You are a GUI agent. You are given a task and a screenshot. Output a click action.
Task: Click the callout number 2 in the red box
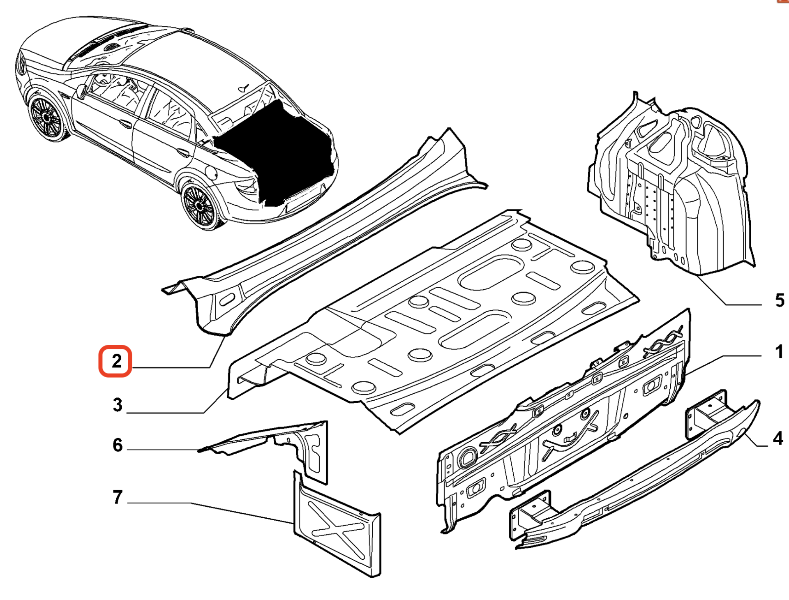pyautogui.click(x=116, y=361)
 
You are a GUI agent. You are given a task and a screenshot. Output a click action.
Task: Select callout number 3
pyautogui.click(x=118, y=405)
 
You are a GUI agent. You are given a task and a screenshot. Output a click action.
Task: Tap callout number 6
pyautogui.click(x=118, y=445)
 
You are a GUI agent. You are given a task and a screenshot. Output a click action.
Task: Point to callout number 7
pyautogui.click(x=118, y=497)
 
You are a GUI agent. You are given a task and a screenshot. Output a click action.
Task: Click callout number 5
pyautogui.click(x=779, y=300)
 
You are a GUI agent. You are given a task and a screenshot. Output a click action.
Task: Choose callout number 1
pyautogui.click(x=779, y=352)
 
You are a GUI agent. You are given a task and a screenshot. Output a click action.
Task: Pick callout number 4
pyautogui.click(x=777, y=438)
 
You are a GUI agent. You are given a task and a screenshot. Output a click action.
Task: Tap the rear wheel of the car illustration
pyautogui.click(x=199, y=205)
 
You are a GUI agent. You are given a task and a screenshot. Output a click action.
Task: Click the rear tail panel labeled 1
pyautogui.click(x=563, y=423)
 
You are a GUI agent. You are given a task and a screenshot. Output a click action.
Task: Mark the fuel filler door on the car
pyautogui.click(x=211, y=173)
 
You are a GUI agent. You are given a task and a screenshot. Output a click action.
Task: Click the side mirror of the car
pyautogui.click(x=81, y=91)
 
